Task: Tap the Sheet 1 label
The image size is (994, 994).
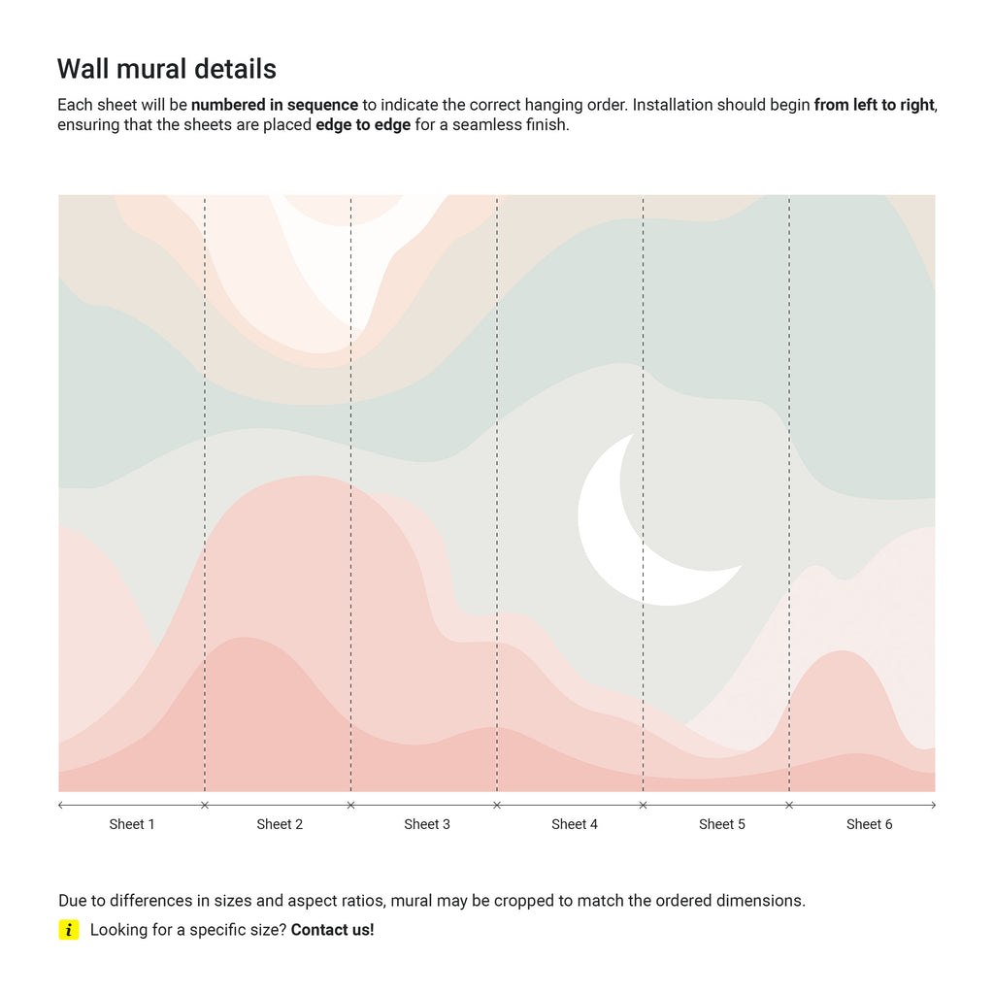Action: coord(132,824)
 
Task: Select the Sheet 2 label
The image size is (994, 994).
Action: coord(280,824)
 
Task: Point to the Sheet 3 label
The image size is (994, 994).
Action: coord(427,824)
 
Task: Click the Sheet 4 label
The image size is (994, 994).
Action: coord(575,824)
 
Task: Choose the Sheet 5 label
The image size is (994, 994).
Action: coord(722,824)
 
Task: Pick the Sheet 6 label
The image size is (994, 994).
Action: coord(869,824)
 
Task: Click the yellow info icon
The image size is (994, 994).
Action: coord(69,930)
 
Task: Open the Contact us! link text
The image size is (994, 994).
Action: coord(332,930)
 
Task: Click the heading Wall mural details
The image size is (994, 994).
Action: coord(167,69)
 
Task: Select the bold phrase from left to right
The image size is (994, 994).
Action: coord(874,105)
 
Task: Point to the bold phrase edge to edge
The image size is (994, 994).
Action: coord(363,125)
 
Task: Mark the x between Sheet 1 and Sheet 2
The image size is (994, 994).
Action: coord(204,805)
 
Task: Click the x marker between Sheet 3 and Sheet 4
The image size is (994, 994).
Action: coord(497,805)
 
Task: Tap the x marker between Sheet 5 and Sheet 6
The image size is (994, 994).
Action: coord(789,805)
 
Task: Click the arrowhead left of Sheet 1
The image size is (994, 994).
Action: coord(61,805)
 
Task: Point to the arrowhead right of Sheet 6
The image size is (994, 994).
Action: coord(934,805)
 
